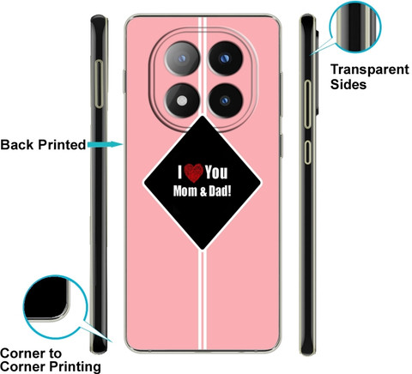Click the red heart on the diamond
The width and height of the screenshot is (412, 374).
pyautogui.click(x=193, y=173)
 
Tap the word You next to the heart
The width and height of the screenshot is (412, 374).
pyautogui.click(x=216, y=172)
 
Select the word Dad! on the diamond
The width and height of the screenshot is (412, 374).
pyautogui.click(x=220, y=191)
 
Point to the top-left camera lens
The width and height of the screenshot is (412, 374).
pyautogui.click(x=182, y=58)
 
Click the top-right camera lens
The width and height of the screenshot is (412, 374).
pyautogui.click(x=225, y=58)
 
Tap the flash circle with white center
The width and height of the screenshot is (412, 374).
pyautogui.click(x=182, y=100)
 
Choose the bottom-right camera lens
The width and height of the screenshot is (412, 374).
pyautogui.click(x=225, y=100)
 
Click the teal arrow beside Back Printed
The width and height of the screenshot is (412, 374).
pyautogui.click(x=105, y=144)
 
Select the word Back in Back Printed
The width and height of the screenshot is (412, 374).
pyautogui.click(x=17, y=145)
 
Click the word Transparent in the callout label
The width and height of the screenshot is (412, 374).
pyautogui.click(x=370, y=69)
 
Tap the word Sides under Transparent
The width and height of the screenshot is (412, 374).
pyautogui.click(x=348, y=84)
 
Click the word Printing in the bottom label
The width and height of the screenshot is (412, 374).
pyautogui.click(x=75, y=367)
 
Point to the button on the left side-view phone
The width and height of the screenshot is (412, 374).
pyautogui.click(x=99, y=84)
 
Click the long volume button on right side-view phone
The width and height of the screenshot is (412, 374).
pyautogui.click(x=307, y=104)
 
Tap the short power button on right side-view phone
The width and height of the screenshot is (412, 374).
pyautogui.click(x=307, y=152)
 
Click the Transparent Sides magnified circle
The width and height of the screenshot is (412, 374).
pyautogui.click(x=355, y=27)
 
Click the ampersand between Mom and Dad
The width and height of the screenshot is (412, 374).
pyautogui.click(x=203, y=191)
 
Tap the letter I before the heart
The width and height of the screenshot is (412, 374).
pyautogui.click(x=180, y=172)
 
